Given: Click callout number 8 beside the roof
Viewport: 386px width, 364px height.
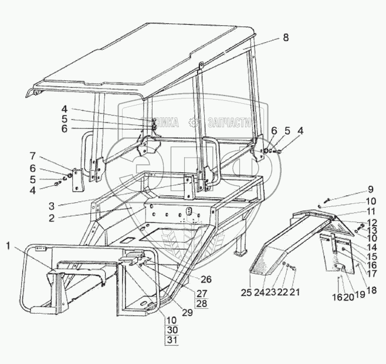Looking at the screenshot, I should tap(285, 38).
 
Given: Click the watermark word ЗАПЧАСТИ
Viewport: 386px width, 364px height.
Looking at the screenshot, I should tap(230, 123).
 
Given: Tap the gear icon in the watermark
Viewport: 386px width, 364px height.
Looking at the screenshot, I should tap(192, 123).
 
